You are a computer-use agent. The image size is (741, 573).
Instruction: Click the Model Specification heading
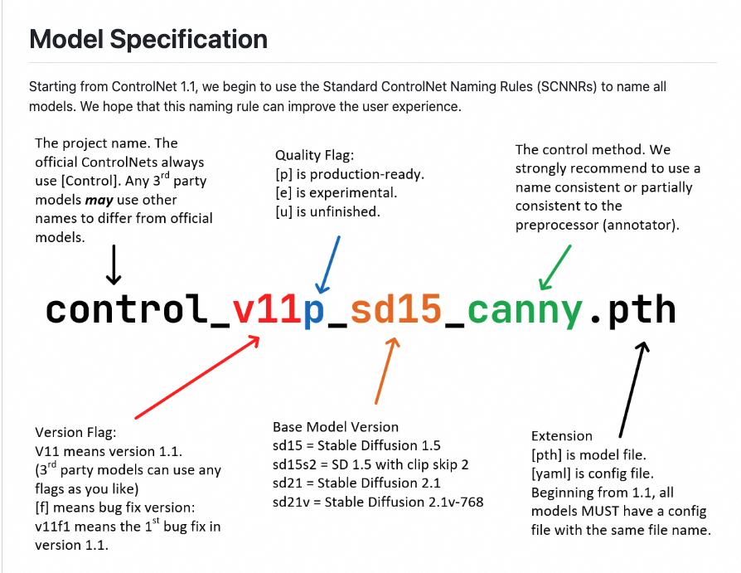click(x=148, y=39)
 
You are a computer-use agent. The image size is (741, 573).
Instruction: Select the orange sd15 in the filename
click(x=395, y=309)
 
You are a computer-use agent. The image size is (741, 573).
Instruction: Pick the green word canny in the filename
click(x=525, y=311)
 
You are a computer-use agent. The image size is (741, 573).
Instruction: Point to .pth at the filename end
click(x=632, y=309)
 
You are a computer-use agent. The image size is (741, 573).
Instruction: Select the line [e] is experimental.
click(x=337, y=192)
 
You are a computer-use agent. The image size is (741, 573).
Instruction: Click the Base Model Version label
click(x=336, y=427)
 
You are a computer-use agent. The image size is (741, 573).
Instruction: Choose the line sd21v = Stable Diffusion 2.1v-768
click(x=378, y=502)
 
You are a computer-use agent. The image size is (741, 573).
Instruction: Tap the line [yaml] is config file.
click(x=592, y=473)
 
